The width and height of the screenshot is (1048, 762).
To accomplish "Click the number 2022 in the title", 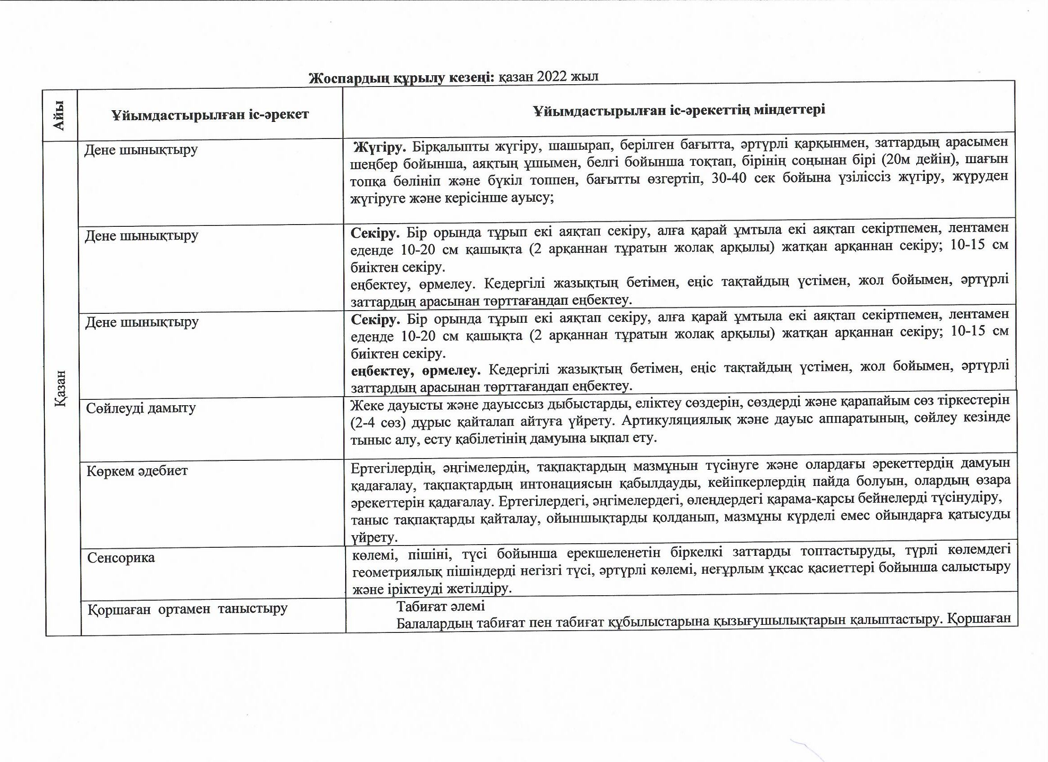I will tap(552, 76).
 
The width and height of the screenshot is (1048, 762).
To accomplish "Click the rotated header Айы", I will tap(58, 116).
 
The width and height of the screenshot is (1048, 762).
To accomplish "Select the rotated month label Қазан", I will tap(61, 388).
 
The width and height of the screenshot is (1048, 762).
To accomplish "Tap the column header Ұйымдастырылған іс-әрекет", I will tap(210, 114).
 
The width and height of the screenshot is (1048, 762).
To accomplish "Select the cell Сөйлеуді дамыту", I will tap(141, 408).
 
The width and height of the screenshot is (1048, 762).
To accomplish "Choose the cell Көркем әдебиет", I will tap(137, 471).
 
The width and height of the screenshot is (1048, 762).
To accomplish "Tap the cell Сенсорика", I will tap(121, 558).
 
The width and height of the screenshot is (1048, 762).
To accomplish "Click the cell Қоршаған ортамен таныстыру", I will tap(188, 609).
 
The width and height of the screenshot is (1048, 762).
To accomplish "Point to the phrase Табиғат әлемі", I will tap(440, 606).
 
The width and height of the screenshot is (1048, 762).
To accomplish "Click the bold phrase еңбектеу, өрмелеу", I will tap(414, 370).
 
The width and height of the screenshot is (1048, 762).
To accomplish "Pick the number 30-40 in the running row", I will tap(729, 178).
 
